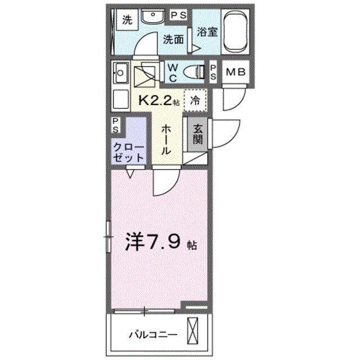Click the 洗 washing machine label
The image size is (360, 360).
pos(127,21)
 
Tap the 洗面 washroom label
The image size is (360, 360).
pos(174,39)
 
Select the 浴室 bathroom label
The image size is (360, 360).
pos(206,32)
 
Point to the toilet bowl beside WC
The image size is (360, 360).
pos(194,71)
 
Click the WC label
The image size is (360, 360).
pos(172,71)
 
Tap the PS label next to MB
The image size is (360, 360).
pos(214,71)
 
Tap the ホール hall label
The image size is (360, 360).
pos(167,139)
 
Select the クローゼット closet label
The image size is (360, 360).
pos(129,151)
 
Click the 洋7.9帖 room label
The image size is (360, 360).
pos(159,242)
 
